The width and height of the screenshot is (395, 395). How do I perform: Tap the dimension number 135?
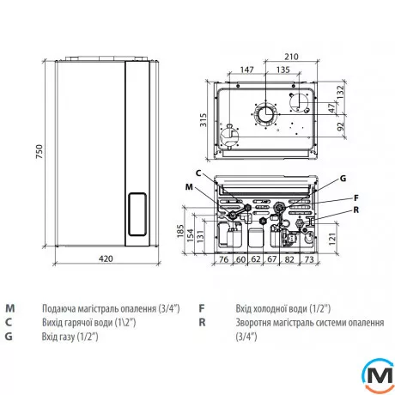point(283,69)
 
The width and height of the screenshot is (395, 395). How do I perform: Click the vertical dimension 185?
point(179,231)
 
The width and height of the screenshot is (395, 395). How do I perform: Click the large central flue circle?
point(265,115)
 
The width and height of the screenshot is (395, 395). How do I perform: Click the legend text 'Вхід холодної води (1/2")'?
point(283,307)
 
